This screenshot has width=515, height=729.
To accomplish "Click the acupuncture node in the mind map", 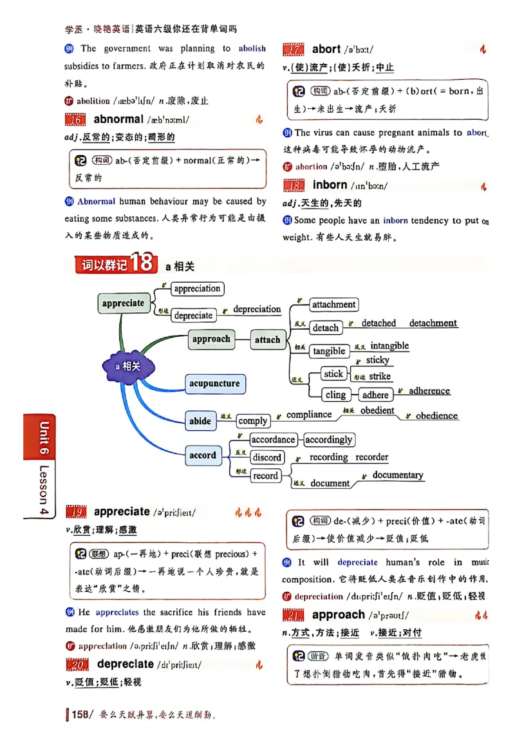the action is click(x=214, y=384).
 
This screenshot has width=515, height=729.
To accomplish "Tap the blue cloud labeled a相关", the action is click(x=128, y=366).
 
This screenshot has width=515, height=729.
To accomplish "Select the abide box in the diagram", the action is click(x=200, y=421).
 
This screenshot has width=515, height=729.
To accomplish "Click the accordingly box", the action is click(x=328, y=440).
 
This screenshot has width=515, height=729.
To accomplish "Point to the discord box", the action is click(x=267, y=458).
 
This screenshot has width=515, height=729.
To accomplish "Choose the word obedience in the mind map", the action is click(x=436, y=416).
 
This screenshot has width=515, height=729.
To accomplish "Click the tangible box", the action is click(x=329, y=351).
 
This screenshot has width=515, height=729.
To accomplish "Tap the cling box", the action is click(x=335, y=395).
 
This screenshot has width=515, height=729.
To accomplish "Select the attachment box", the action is click(x=333, y=305).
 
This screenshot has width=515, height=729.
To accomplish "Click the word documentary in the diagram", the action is click(x=398, y=475).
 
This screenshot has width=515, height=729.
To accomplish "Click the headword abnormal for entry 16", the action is click(x=118, y=119).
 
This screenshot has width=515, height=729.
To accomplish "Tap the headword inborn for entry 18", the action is click(x=330, y=185).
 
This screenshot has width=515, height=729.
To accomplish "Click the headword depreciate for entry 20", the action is click(x=126, y=664).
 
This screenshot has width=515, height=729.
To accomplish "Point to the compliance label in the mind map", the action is click(x=309, y=415).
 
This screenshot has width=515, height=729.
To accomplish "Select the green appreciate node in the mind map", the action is click(x=123, y=303).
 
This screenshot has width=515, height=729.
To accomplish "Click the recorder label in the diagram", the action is click(x=371, y=457).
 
